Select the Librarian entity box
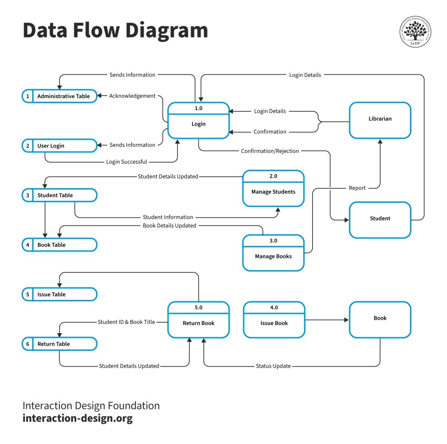(x=380, y=120)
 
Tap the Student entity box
(x=380, y=219)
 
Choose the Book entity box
(x=380, y=319)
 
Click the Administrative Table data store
(x=60, y=96)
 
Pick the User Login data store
(x=60, y=146)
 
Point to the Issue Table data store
(x=60, y=294)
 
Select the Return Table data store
(x=60, y=344)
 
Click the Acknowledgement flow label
(x=132, y=96)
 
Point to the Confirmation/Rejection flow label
(x=270, y=151)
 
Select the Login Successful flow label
(x=127, y=162)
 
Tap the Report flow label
(x=357, y=188)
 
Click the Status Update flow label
(x=273, y=366)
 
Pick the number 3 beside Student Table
(x=28, y=195)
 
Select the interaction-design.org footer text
(x=77, y=418)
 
